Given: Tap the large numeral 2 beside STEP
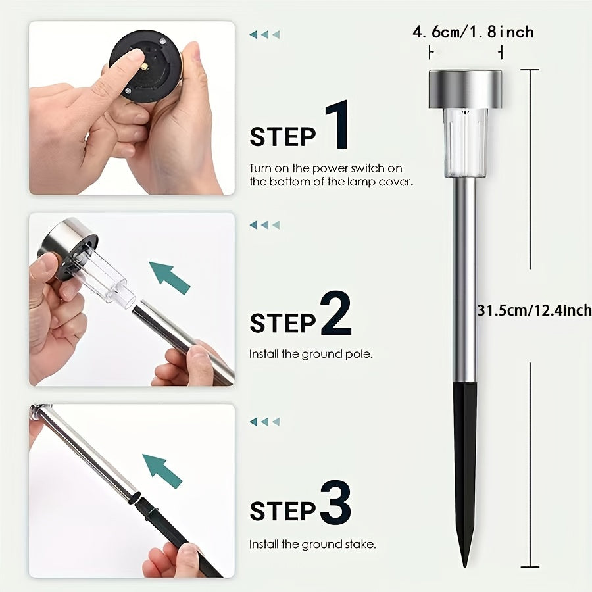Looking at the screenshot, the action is click(x=335, y=313).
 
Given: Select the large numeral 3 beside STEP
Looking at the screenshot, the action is click(x=335, y=502).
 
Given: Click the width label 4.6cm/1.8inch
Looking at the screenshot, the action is click(x=473, y=32).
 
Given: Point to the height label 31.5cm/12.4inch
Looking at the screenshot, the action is click(x=534, y=310).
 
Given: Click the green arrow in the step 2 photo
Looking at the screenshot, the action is click(x=170, y=278).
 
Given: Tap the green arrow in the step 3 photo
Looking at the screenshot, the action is click(x=162, y=471).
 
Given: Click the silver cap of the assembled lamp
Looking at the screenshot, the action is click(x=465, y=89).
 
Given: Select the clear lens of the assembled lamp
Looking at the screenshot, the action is click(x=465, y=143).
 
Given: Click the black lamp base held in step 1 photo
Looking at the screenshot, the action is click(x=145, y=65).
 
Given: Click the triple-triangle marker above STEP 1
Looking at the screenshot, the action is click(x=264, y=35).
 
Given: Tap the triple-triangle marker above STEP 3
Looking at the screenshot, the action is click(x=264, y=422).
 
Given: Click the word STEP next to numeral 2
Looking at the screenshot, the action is click(x=283, y=324).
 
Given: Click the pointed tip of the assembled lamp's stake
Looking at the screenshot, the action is click(x=465, y=566).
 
